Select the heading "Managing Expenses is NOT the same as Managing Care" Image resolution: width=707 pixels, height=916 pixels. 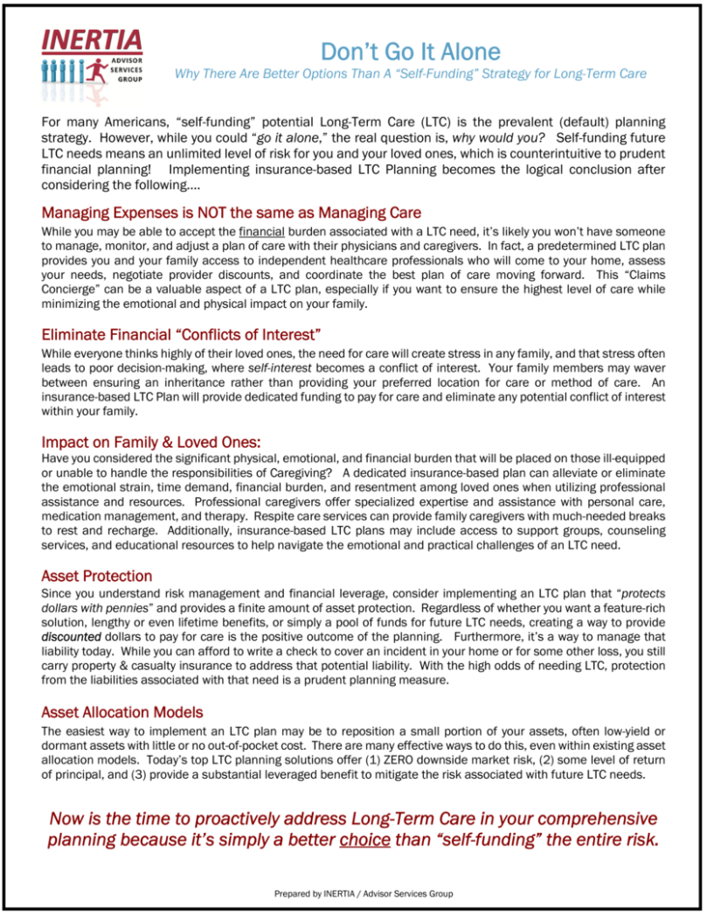[231, 213]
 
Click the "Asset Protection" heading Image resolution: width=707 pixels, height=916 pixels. [96, 576]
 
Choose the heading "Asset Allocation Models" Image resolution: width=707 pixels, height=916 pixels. [122, 712]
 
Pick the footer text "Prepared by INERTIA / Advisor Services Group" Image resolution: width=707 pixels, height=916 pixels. [362, 893]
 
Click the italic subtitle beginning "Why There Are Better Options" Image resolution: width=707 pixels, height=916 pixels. [410, 73]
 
